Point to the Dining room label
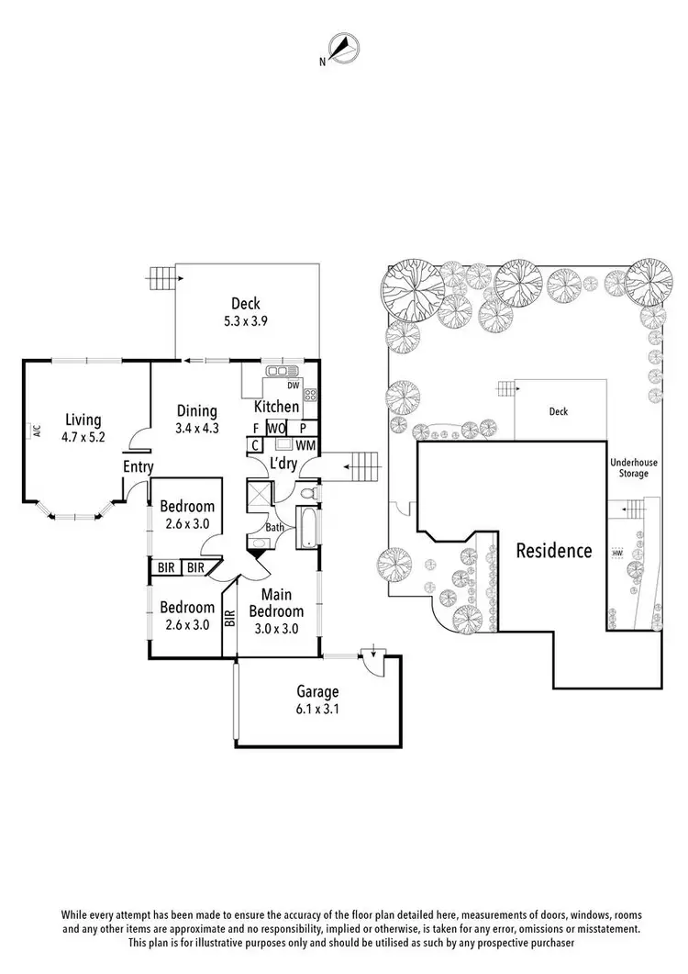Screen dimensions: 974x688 [197, 411]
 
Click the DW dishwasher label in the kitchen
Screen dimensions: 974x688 [294, 386]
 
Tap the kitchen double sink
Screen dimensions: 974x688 [277, 371]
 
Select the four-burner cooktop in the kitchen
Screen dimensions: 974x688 [310, 396]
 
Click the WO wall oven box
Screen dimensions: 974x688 [276, 428]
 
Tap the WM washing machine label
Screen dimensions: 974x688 [305, 445]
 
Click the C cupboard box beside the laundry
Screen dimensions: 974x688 [254, 445]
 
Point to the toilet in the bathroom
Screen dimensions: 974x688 [309, 497]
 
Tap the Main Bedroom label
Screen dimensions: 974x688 [276, 603]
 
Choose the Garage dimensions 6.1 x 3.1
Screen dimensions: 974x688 [317, 709]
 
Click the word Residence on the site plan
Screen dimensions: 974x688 [553, 551]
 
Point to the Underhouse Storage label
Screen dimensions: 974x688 [629, 467]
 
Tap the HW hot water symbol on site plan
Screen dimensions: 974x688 [617, 554]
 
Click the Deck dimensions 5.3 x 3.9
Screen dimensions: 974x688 [246, 321]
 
